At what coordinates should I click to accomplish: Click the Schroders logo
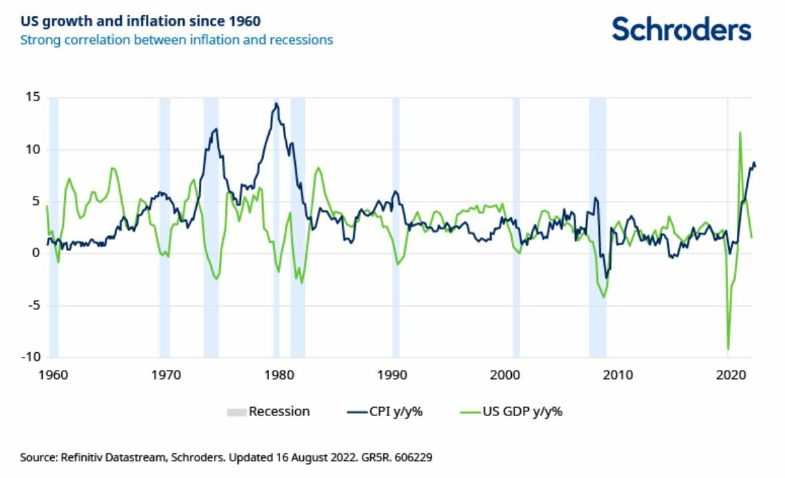tap(681, 29)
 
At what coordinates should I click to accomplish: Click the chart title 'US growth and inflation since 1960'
tap(140, 21)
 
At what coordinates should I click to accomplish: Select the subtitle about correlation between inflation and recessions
tap(176, 40)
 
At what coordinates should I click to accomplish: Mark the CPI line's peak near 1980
tap(277, 104)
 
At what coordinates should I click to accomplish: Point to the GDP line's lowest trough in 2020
tap(728, 349)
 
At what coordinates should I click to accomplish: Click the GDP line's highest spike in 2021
tap(740, 133)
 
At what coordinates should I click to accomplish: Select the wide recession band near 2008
tap(597, 227)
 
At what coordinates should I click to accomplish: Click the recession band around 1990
tap(396, 227)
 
